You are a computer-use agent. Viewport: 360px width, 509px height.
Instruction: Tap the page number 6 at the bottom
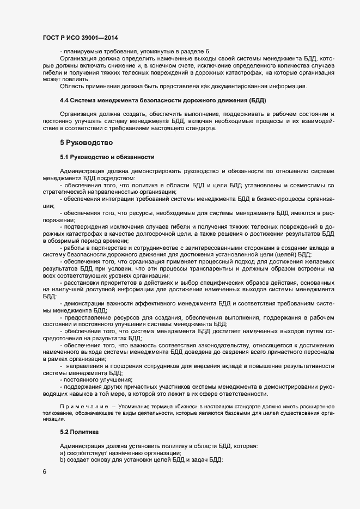click(x=45, y=472)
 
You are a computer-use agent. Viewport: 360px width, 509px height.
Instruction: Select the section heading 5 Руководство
click(x=86, y=143)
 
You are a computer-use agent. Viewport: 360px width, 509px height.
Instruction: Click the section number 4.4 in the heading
click(x=64, y=101)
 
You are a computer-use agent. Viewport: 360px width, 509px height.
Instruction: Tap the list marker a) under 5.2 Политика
click(x=63, y=453)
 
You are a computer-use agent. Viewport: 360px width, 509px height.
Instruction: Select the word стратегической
click(x=65, y=192)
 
